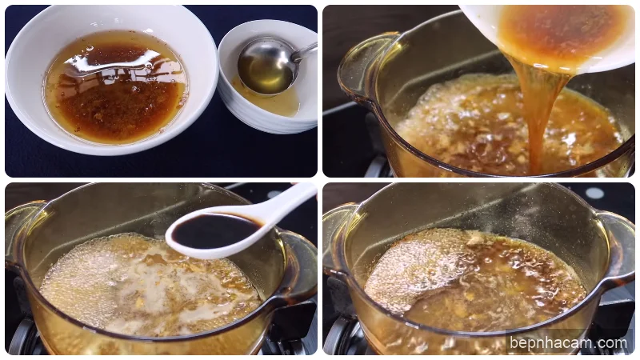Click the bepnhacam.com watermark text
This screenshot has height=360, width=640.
[569, 343]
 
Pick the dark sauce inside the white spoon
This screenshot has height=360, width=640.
[212, 231]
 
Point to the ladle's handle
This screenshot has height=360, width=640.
[305, 51]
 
